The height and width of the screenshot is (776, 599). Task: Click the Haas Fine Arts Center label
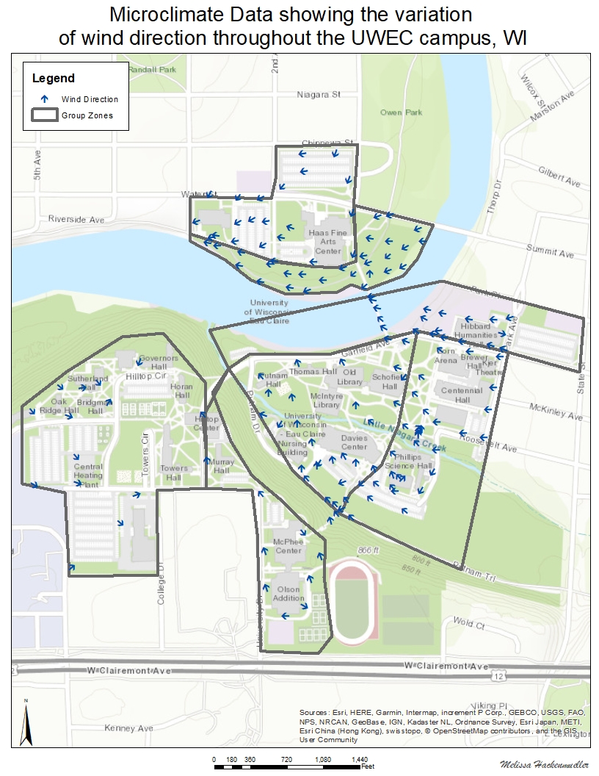click(328, 241)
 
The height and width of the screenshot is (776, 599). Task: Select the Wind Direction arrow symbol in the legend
click(44, 98)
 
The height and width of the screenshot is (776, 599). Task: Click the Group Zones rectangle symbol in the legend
click(44, 115)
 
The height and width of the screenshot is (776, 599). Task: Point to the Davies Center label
click(354, 442)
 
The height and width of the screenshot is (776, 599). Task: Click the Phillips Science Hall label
click(409, 461)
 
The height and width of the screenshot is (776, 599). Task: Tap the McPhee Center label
click(288, 546)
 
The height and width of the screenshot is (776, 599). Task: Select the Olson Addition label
click(288, 593)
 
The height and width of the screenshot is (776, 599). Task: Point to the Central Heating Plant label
click(88, 475)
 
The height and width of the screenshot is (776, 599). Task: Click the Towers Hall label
click(174, 473)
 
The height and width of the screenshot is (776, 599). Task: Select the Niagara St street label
click(319, 95)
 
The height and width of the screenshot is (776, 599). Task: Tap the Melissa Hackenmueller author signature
click(543, 765)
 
